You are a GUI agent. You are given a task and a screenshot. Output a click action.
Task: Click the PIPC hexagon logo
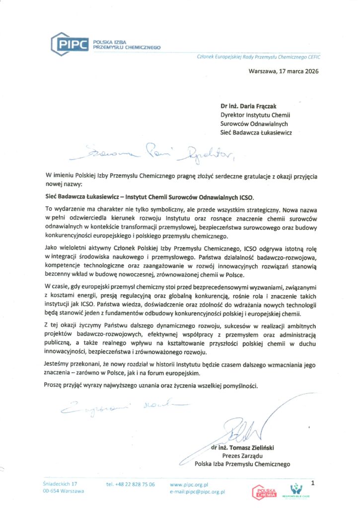[71, 43]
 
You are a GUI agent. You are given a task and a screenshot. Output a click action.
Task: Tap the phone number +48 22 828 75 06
[131, 484]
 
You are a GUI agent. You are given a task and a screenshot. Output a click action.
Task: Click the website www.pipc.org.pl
[188, 484]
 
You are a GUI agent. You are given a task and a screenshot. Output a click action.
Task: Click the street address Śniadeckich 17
[60, 483]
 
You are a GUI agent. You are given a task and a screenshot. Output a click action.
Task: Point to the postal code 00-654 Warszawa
[64, 491]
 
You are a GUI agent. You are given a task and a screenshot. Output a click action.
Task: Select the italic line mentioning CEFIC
[259, 57]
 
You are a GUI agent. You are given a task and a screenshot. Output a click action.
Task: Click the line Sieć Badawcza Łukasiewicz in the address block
[256, 132]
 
